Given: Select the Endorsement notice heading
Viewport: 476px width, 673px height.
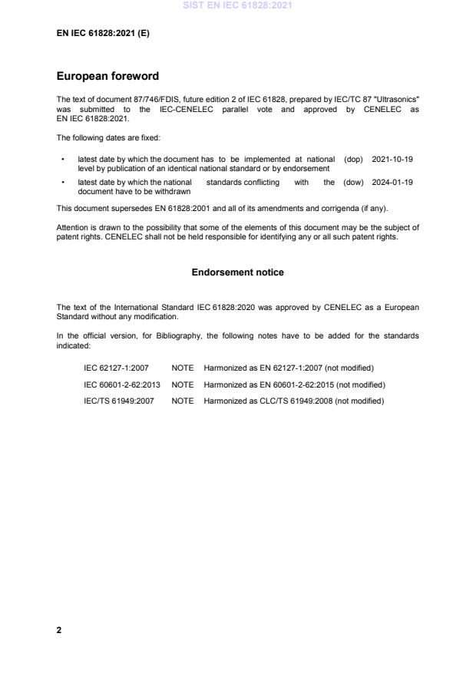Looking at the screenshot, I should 237,272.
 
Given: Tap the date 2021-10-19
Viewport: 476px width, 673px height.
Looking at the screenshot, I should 392,159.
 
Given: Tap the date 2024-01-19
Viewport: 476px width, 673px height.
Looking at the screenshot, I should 392,183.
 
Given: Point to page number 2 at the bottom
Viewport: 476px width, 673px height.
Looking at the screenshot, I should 59,630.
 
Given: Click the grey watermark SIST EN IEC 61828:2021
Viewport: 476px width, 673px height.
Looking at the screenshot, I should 237,6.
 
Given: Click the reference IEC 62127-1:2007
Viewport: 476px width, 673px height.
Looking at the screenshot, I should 116,368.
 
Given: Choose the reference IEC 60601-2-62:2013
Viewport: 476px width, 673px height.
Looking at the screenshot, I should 122,384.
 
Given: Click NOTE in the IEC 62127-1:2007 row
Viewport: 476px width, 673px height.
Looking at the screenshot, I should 182,368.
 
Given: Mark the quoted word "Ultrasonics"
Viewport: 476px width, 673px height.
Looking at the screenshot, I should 396,101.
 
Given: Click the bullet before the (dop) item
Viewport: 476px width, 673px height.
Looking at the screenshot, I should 61,159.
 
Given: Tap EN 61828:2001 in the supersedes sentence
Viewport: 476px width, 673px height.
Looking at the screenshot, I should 158,208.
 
